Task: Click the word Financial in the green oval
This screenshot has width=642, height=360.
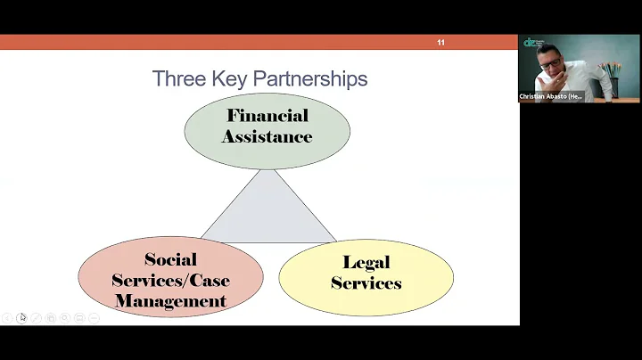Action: pyautogui.click(x=267, y=116)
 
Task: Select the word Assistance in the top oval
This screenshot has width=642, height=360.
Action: pyautogui.click(x=267, y=137)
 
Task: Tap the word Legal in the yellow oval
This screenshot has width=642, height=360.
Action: pyautogui.click(x=366, y=263)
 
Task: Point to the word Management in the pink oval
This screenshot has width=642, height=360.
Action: pyautogui.click(x=170, y=301)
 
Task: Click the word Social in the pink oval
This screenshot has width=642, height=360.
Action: pyautogui.click(x=170, y=260)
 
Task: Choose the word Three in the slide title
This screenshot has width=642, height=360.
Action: pyautogui.click(x=177, y=78)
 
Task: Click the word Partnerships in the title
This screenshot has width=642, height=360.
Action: pyautogui.click(x=310, y=78)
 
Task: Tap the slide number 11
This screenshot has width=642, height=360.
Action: pyautogui.click(x=440, y=43)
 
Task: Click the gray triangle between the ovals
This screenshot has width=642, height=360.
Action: pyautogui.click(x=268, y=214)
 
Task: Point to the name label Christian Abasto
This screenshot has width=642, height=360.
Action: pyautogui.click(x=551, y=96)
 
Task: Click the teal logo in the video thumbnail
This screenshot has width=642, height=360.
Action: pyautogui.click(x=531, y=43)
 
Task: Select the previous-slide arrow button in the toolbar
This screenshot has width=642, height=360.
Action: pyautogui.click(x=7, y=317)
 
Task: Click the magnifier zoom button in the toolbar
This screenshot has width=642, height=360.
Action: pyautogui.click(x=65, y=317)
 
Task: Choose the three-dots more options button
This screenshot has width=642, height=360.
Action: pyautogui.click(x=94, y=317)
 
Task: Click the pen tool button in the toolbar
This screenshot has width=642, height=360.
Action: pyautogui.click(x=37, y=317)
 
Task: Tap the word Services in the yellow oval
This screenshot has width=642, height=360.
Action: pyautogui.click(x=366, y=283)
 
